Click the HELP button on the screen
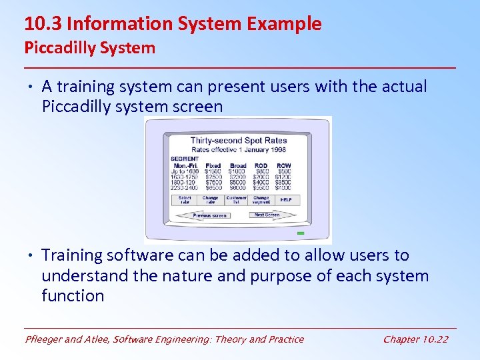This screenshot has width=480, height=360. tap(286, 199)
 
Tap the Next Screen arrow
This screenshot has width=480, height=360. tap(267, 215)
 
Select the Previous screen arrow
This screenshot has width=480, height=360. tap(209, 215)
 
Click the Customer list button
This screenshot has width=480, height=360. tap(236, 199)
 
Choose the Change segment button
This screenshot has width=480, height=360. tap(261, 199)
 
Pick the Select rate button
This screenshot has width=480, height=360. tap(185, 199)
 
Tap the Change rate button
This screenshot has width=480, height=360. tap(210, 199)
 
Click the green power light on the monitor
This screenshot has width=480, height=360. tap(300, 233)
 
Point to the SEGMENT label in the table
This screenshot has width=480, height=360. tap(185, 159)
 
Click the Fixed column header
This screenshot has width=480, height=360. tap(213, 165)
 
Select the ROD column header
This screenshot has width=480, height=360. tap(261, 165)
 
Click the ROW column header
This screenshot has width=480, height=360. tap(284, 165)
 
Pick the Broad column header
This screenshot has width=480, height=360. tap(238, 165)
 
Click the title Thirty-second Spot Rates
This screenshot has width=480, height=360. tap(238, 140)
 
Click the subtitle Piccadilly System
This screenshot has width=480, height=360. tap(89, 48)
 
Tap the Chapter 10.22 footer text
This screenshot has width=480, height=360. tap(415, 339)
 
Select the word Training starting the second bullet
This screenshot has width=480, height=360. tap(73, 255)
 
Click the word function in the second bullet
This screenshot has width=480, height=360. tap(73, 295)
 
